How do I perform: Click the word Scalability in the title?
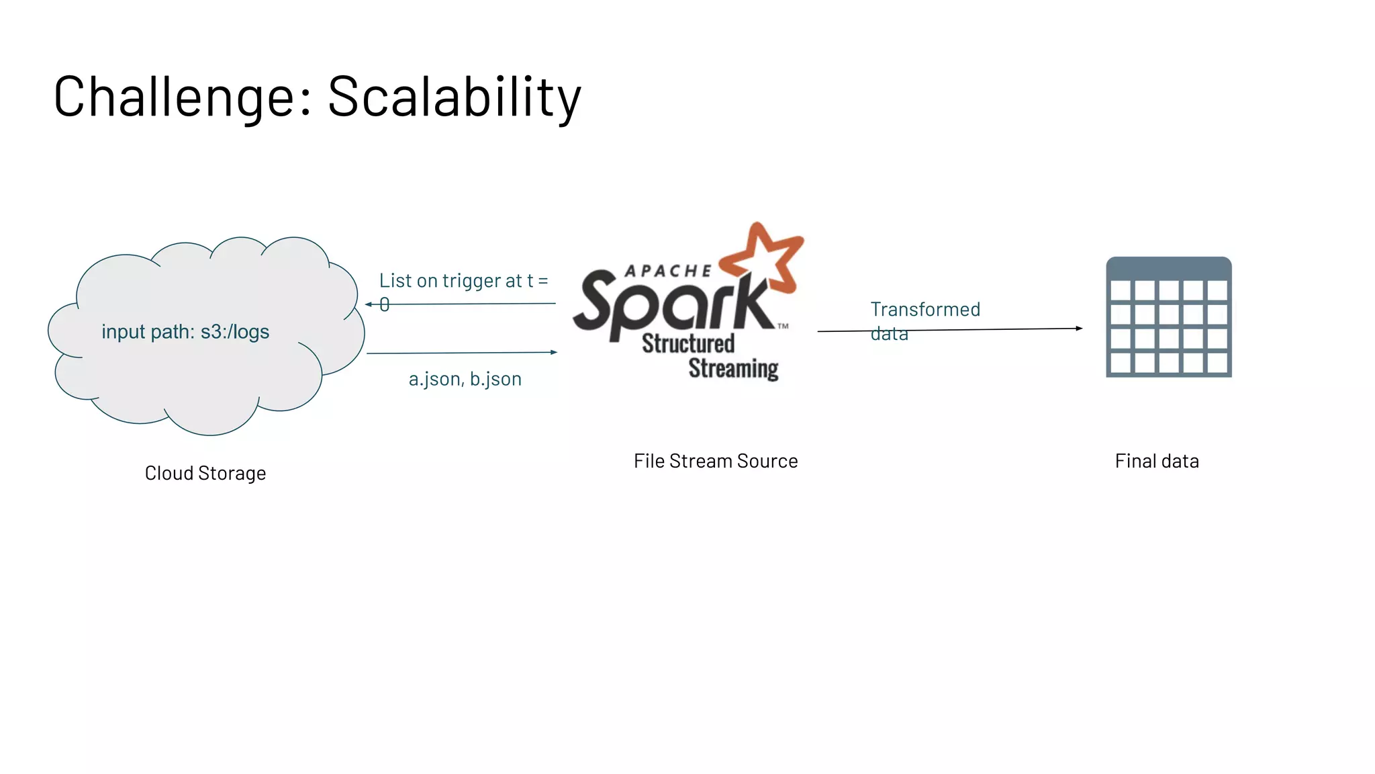(x=454, y=97)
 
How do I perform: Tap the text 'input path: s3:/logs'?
(x=185, y=332)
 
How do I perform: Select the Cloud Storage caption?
(x=205, y=474)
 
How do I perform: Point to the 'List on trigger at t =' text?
(x=463, y=281)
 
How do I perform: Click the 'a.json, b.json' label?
(x=465, y=380)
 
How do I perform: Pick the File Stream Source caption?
(x=716, y=462)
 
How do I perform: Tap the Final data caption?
(x=1157, y=462)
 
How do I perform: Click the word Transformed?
(x=925, y=310)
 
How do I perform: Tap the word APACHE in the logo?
(x=668, y=271)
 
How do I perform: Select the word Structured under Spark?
(x=688, y=343)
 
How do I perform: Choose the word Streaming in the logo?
(x=733, y=369)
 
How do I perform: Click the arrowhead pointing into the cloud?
(x=369, y=304)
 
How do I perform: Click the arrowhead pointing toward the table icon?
(x=1078, y=329)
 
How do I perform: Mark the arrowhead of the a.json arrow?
(x=554, y=352)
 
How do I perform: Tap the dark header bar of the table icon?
(x=1169, y=268)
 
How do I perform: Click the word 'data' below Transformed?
(x=889, y=334)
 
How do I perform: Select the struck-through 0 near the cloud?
(x=384, y=305)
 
